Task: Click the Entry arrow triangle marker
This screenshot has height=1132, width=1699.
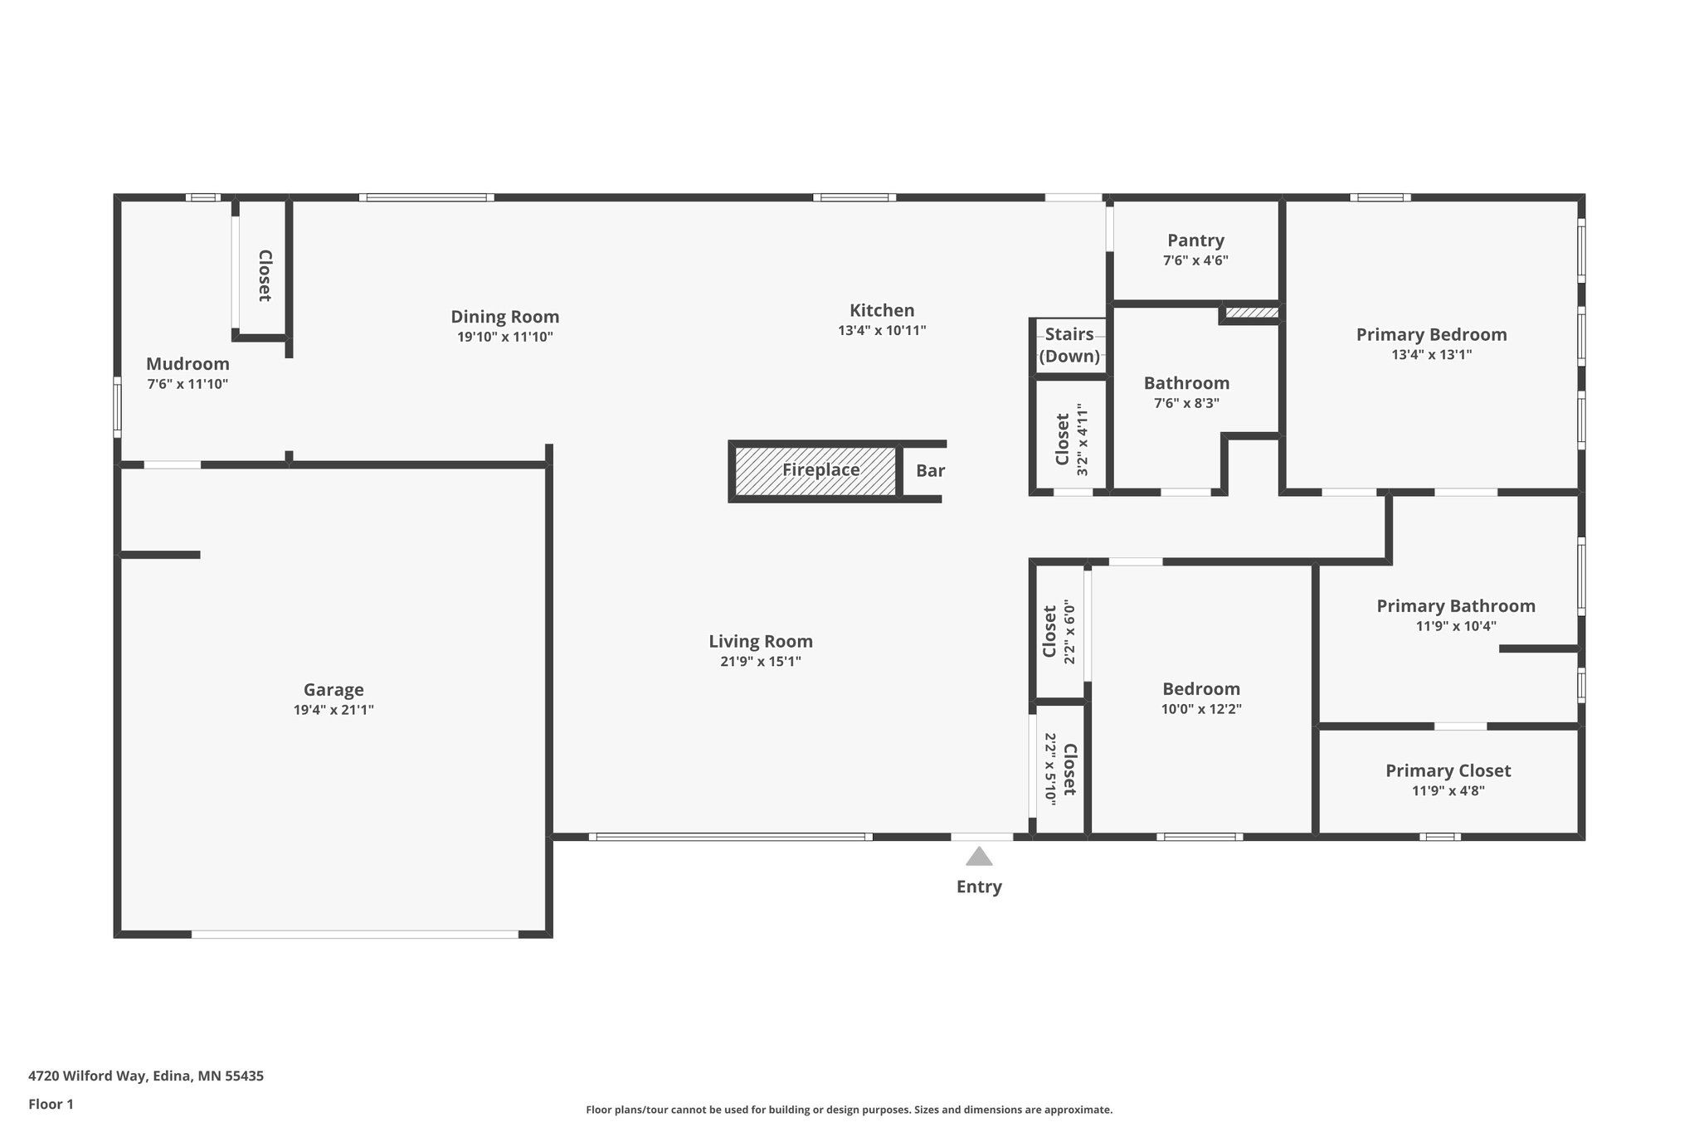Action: [979, 856]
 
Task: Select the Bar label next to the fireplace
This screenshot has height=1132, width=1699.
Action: [930, 471]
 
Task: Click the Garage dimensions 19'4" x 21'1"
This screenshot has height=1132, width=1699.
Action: [333, 710]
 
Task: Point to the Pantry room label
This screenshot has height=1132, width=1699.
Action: [1195, 240]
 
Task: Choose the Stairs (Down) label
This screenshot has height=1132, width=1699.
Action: [1069, 345]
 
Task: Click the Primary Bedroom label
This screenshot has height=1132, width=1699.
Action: [1431, 335]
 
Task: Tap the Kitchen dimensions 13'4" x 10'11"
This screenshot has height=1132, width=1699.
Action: [882, 330]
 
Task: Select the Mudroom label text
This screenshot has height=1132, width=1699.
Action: [187, 364]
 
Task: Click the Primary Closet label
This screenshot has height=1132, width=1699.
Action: [1448, 771]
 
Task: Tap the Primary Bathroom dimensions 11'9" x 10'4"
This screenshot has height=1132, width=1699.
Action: [1456, 626]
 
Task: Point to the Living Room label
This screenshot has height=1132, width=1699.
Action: [760, 641]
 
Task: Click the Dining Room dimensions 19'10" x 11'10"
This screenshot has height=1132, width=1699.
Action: [504, 337]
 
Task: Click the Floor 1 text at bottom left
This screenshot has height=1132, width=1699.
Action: [51, 1104]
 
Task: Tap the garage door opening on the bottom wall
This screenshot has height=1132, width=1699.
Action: [355, 934]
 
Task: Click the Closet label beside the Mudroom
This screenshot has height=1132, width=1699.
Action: [265, 275]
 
